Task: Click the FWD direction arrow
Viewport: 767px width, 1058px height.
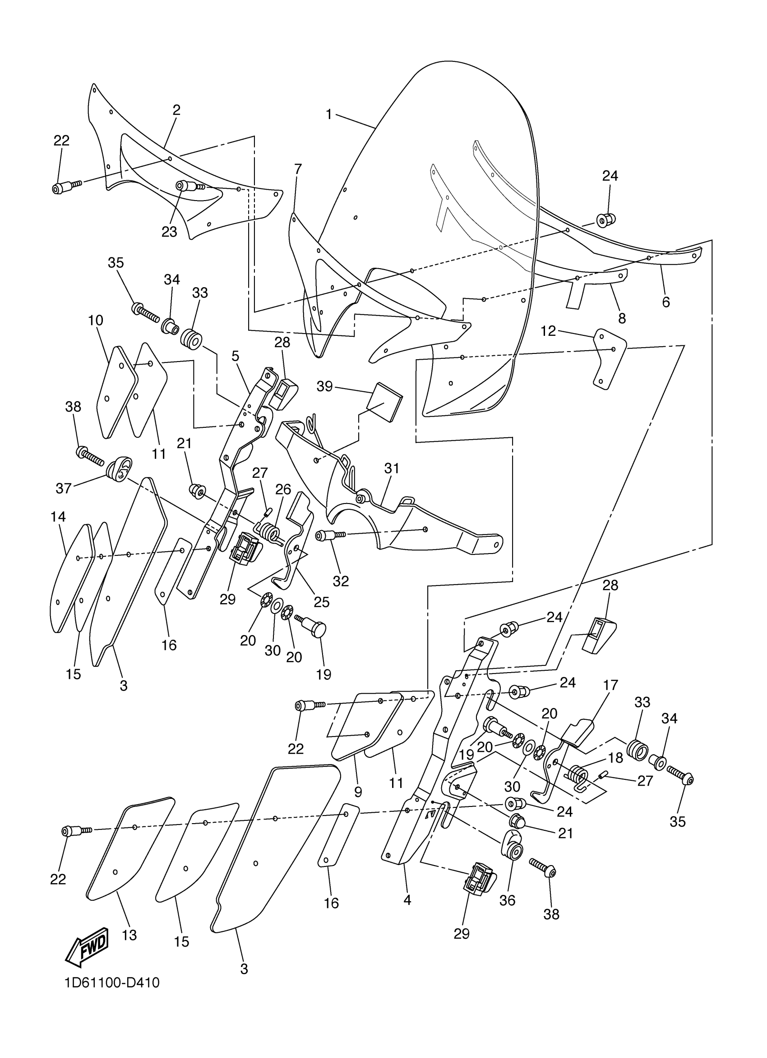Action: click(x=87, y=947)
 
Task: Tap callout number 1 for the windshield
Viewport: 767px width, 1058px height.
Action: click(x=329, y=115)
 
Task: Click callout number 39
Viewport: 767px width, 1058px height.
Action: click(x=325, y=386)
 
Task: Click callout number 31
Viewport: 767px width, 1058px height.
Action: click(x=392, y=468)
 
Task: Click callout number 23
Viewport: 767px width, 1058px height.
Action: click(x=170, y=232)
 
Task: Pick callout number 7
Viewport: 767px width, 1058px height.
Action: click(x=298, y=169)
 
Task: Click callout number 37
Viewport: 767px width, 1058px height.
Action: click(x=64, y=488)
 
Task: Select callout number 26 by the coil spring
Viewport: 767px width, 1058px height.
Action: click(x=283, y=490)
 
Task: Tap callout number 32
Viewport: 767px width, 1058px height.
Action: click(x=341, y=581)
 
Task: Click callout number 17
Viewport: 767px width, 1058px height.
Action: click(x=610, y=685)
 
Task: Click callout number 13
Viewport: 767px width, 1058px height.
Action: click(x=129, y=935)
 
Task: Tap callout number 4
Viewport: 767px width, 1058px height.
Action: click(x=407, y=901)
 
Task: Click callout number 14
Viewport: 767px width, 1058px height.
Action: click(x=58, y=517)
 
